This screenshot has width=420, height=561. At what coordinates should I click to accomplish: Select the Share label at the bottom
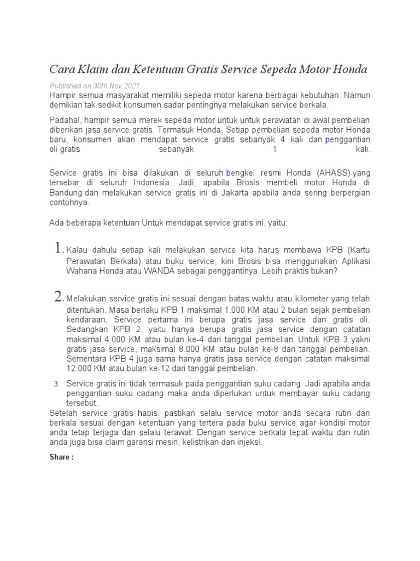tap(61, 457)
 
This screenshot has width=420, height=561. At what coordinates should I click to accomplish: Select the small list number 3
tap(56, 383)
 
